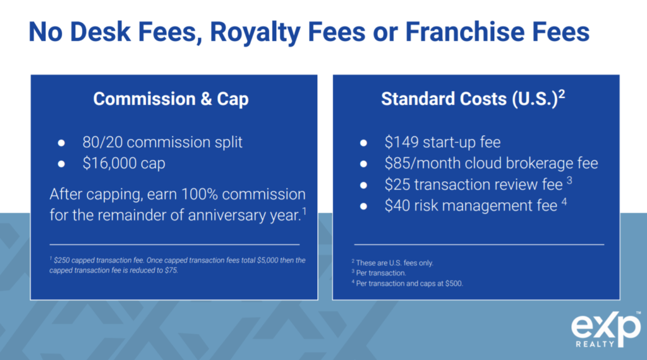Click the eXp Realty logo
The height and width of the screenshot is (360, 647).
[606, 330]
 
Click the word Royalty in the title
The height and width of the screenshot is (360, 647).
[254, 33]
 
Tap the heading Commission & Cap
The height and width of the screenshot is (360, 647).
[171, 99]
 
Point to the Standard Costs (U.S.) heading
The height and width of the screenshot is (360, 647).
[473, 99]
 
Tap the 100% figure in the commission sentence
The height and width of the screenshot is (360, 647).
[199, 194]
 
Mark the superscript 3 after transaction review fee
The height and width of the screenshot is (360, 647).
[569, 180]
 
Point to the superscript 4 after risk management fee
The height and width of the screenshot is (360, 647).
[564, 201]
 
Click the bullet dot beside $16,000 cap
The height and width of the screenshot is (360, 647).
[61, 164]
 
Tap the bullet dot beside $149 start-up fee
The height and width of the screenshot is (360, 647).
[363, 143]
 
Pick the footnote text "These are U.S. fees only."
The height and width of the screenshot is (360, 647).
[394, 263]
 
